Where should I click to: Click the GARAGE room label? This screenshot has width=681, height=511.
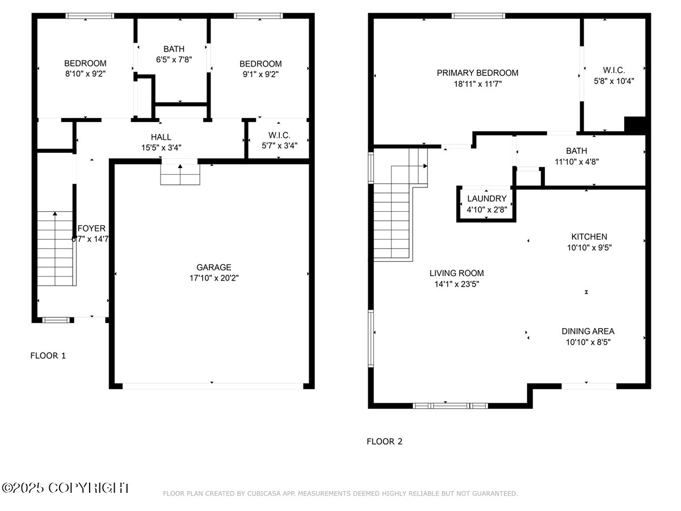[x=213, y=267]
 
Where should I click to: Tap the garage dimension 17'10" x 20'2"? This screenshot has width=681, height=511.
[x=213, y=278]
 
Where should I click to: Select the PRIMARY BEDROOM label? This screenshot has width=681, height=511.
[x=477, y=73]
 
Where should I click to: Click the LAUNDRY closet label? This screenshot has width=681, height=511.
[x=486, y=199]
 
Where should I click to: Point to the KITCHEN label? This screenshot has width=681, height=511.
[x=588, y=237]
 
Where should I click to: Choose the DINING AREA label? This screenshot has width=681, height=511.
[x=587, y=332]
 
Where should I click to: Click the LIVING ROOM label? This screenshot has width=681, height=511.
[x=456, y=273]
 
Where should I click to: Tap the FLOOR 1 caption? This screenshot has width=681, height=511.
[x=48, y=356]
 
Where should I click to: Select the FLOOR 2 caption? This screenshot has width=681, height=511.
[x=384, y=441]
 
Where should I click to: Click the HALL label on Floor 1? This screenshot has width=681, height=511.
[x=161, y=137]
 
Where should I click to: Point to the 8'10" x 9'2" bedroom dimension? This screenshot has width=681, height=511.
[x=85, y=74]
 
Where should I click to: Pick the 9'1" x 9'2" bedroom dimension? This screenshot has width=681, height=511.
[x=260, y=74]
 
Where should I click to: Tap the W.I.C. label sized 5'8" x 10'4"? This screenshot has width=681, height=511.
[x=613, y=70]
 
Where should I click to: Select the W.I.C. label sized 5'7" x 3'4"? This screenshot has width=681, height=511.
[x=279, y=135]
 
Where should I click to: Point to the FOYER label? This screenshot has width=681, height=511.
[x=91, y=228]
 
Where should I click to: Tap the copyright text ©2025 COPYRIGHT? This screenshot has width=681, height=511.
[x=66, y=488]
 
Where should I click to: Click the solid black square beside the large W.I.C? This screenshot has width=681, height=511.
[x=635, y=125]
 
